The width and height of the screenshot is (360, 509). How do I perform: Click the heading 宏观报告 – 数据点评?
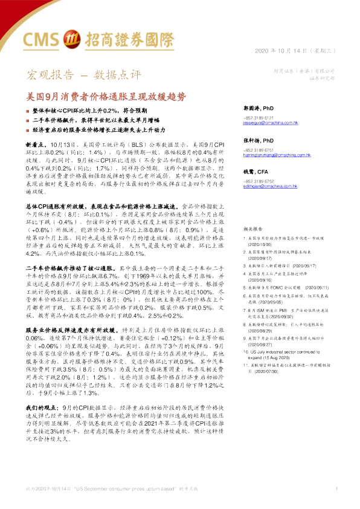coord(82,76)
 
